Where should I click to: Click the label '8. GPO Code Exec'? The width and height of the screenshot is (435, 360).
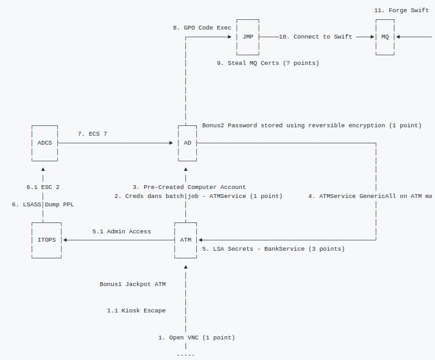pos(202,28)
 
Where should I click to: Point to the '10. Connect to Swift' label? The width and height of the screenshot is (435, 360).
pos(315,37)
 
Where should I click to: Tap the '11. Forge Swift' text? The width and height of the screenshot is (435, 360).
pos(402,10)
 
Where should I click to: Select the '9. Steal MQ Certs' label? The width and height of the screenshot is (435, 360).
pos(248,63)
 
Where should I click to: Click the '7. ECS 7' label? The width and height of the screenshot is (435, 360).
pos(93,134)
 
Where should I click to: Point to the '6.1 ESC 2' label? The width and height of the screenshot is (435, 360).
pos(43,187)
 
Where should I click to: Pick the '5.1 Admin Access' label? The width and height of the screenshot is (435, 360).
pos(122,231)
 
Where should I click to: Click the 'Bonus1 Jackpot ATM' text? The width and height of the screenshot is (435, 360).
pos(133,284)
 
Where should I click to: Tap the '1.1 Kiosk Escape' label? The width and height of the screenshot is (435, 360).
pos(136,310)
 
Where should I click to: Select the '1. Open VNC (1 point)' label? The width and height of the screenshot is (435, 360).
pos(197,337)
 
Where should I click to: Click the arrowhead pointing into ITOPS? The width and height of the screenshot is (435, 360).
pos(65,240)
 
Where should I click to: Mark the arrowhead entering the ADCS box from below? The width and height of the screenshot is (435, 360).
pos(43,169)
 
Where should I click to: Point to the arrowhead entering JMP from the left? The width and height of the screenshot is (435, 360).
pos(230,37)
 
